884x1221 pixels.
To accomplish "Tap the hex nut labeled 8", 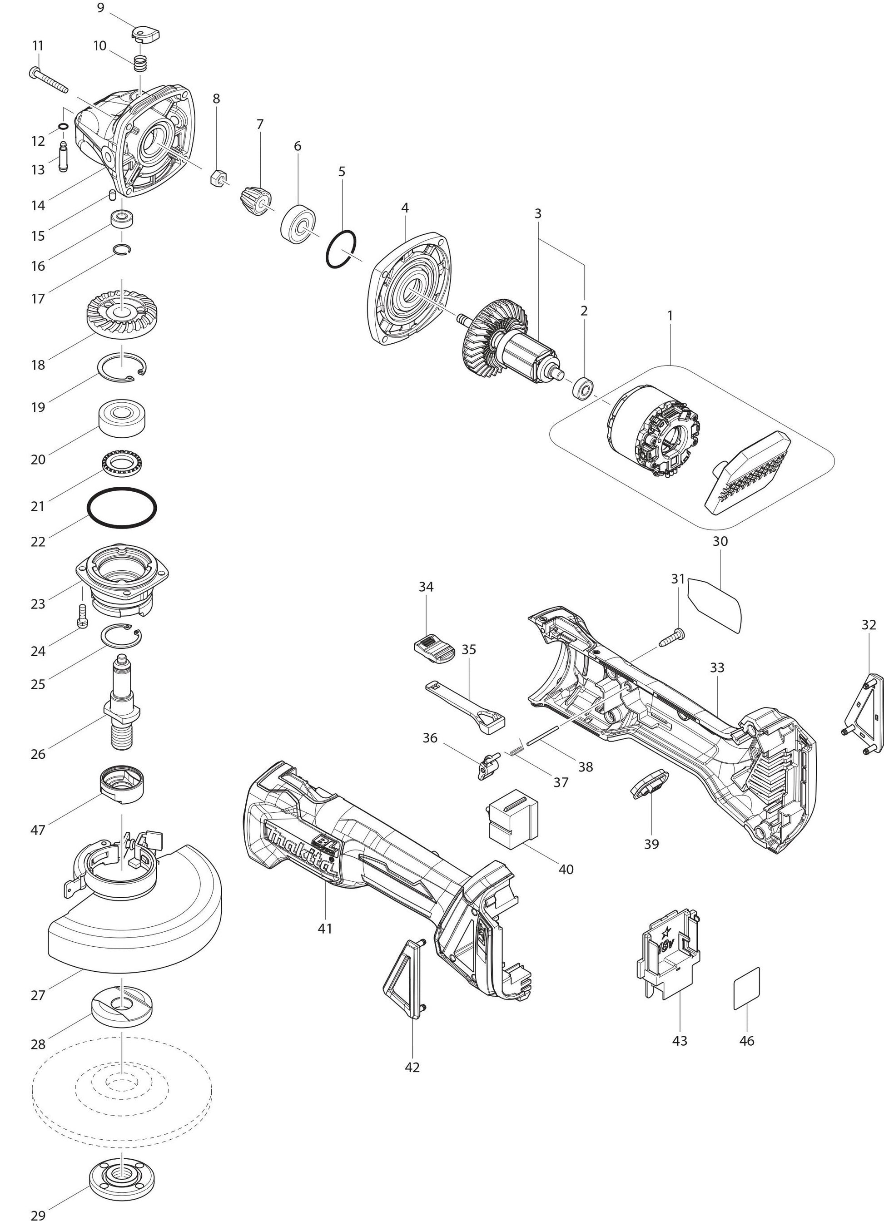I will pyautogui.click(x=218, y=177).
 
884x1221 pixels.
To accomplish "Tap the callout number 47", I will pyautogui.click(x=38, y=830).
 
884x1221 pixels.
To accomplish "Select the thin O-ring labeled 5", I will pyautogui.click(x=342, y=248).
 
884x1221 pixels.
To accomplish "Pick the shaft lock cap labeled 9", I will pyautogui.click(x=145, y=35).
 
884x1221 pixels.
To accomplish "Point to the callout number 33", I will pyautogui.click(x=717, y=667).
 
